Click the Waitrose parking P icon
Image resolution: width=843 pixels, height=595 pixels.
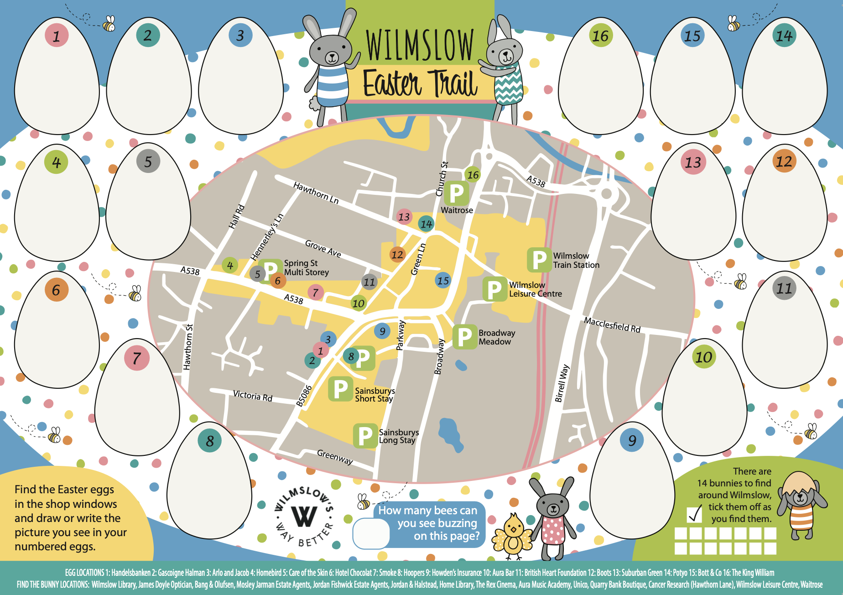[456, 193]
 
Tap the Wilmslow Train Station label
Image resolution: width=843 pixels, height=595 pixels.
[576, 261]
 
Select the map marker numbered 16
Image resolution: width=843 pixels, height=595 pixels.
[473, 175]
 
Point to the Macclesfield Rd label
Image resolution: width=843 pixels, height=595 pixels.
[612, 325]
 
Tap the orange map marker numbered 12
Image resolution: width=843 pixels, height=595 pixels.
[397, 255]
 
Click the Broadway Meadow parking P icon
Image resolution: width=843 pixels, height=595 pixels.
[464, 337]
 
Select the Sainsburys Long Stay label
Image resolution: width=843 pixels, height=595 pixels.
[398, 436]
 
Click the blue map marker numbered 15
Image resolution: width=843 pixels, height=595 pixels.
[443, 281]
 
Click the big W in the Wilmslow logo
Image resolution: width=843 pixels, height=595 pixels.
[304, 516]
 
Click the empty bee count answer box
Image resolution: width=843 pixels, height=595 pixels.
[370, 533]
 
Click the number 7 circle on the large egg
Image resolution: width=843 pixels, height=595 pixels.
[136, 358]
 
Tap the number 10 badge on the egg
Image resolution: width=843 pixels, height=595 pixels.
[703, 357]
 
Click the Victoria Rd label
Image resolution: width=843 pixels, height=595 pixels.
[252, 396]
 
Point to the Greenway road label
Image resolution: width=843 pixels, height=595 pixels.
[335, 456]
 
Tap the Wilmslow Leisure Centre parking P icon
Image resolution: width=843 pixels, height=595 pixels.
[494, 289]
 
